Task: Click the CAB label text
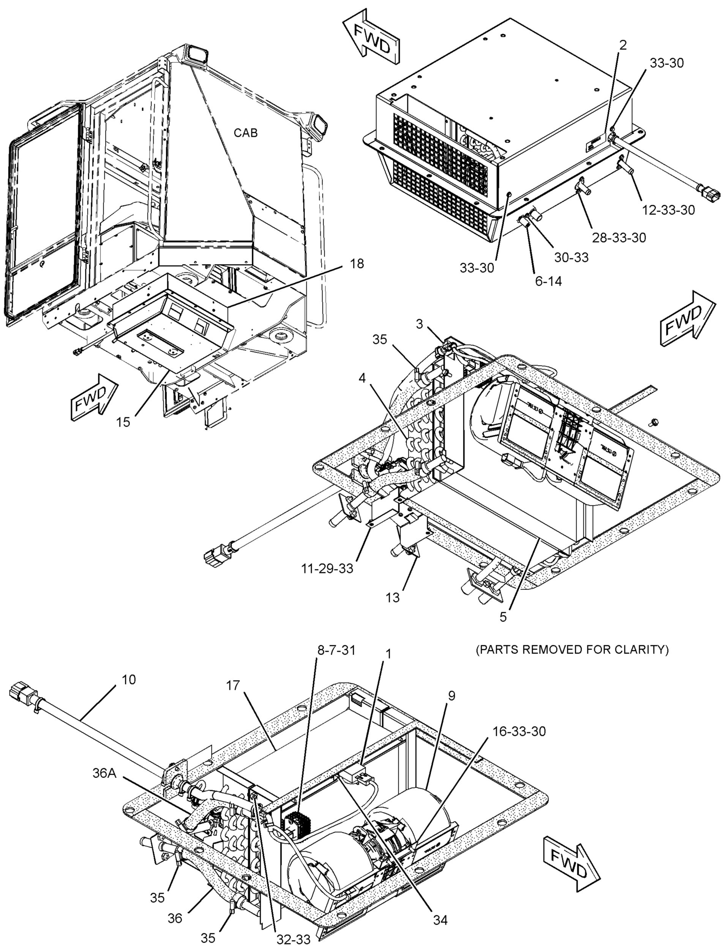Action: [x=246, y=133]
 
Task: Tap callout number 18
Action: [x=357, y=264]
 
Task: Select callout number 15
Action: [x=123, y=422]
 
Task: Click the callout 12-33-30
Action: [x=668, y=210]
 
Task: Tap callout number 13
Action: [x=393, y=597]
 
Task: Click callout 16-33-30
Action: [x=519, y=731]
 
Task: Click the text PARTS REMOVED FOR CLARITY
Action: [x=572, y=649]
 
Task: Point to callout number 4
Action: [x=362, y=378]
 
